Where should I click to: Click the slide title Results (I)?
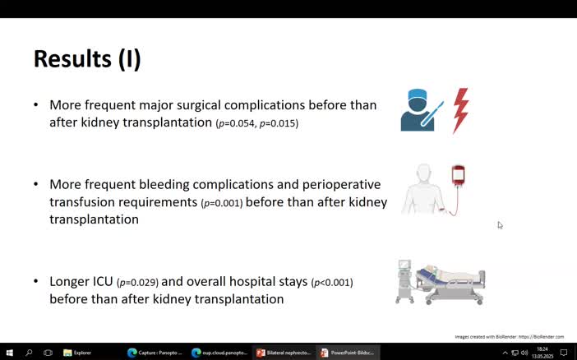[x=87, y=59]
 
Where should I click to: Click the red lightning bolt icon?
[x=461, y=110]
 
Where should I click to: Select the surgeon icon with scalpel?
[x=420, y=110]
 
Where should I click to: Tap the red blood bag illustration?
[x=458, y=176]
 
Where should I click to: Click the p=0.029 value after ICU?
[x=137, y=282]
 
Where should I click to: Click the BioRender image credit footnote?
[x=509, y=336]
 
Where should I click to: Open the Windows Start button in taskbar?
[x=9, y=353]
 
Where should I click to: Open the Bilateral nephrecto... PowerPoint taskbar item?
[x=284, y=353]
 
